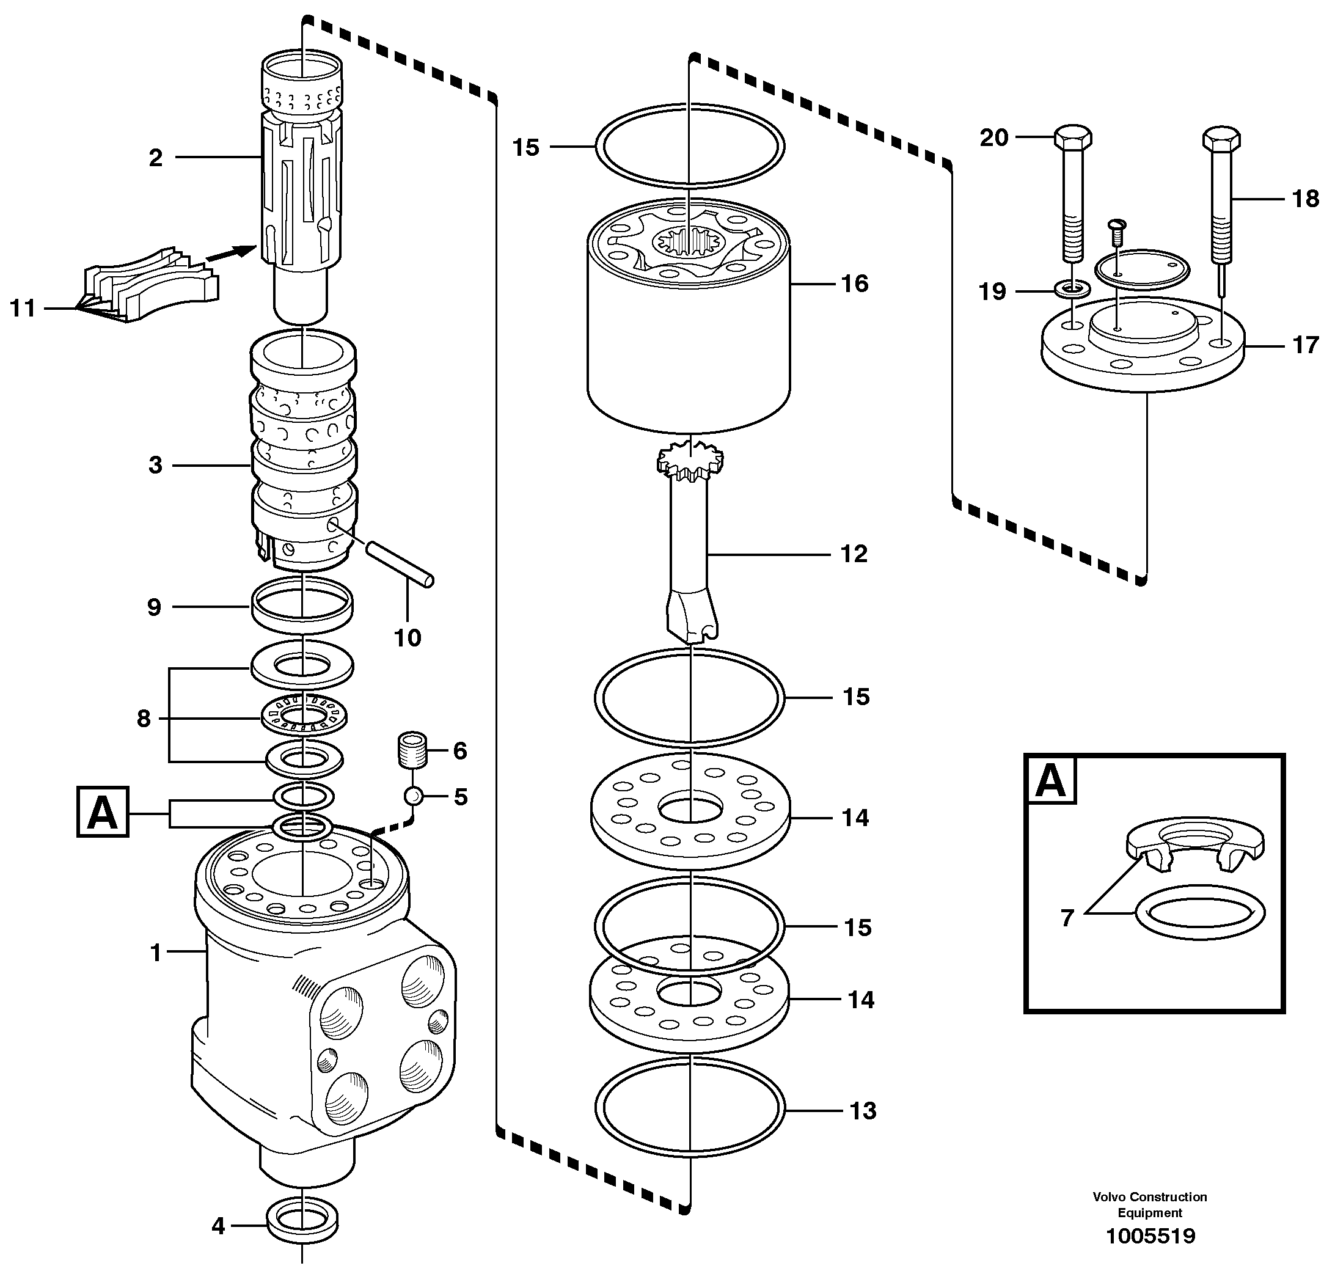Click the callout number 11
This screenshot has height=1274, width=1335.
pos(22,309)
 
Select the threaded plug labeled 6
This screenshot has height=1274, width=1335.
pos(412,750)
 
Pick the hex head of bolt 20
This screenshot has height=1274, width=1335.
pos(1073,138)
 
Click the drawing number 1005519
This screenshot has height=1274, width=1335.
pos(1150,1236)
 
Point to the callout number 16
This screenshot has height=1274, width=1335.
pos(854,283)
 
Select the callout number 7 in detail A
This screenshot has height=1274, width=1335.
pos(1067,918)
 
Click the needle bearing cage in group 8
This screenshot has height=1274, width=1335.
pos(304,715)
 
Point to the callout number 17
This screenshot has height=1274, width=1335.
pos(1305,345)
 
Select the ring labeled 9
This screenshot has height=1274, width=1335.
pos(302,604)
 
